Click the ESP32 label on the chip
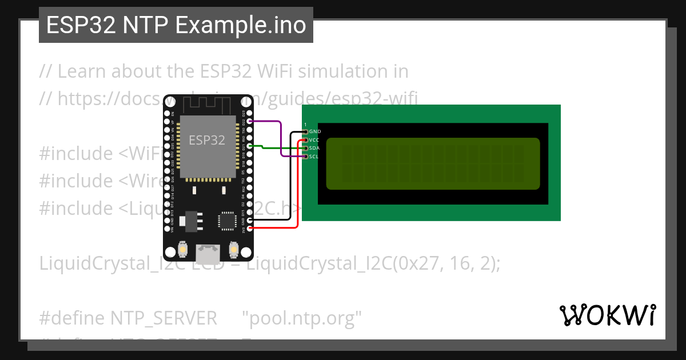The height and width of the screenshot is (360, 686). [x=207, y=140]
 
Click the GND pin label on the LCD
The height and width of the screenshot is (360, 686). [x=314, y=131]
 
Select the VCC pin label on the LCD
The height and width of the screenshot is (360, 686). [x=314, y=139]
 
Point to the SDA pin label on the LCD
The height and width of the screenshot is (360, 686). [x=314, y=148]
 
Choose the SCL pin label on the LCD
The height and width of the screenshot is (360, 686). [x=314, y=157]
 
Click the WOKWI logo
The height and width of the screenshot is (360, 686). [x=607, y=315]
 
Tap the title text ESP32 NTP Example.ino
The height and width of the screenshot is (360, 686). [x=176, y=26]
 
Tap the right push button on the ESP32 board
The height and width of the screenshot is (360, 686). [x=233, y=250]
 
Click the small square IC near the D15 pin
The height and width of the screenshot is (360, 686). [x=226, y=221]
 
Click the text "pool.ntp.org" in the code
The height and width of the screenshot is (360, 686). [x=302, y=318]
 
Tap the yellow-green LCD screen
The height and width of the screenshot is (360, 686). [x=433, y=163]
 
